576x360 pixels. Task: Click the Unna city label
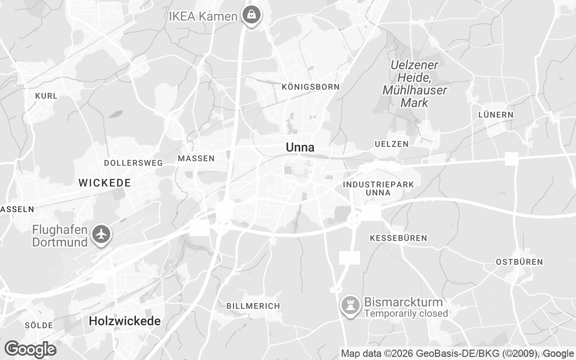[x=300, y=148]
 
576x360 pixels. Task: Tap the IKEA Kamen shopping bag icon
[x=252, y=16]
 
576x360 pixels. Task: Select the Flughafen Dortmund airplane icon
[x=102, y=234]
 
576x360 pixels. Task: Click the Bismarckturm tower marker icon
[x=350, y=306]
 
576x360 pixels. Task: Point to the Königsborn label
[x=310, y=87]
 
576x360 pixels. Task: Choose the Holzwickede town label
[x=125, y=321]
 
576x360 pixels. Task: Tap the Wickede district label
[x=105, y=183]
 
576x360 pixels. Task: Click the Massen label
[x=196, y=158]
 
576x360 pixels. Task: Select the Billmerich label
[x=253, y=306]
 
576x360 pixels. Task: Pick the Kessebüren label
[x=398, y=238]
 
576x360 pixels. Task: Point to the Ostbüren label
[x=519, y=262]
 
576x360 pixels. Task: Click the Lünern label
[x=495, y=115]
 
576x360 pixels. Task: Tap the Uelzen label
[x=391, y=144]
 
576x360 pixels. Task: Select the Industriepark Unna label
[x=378, y=189]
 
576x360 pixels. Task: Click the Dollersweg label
[x=133, y=163]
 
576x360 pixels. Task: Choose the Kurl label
[x=46, y=96]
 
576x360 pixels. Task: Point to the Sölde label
[x=39, y=325]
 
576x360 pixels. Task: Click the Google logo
[x=30, y=349]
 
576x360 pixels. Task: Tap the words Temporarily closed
[x=406, y=314]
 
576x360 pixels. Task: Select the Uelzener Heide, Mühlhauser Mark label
[x=414, y=84]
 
